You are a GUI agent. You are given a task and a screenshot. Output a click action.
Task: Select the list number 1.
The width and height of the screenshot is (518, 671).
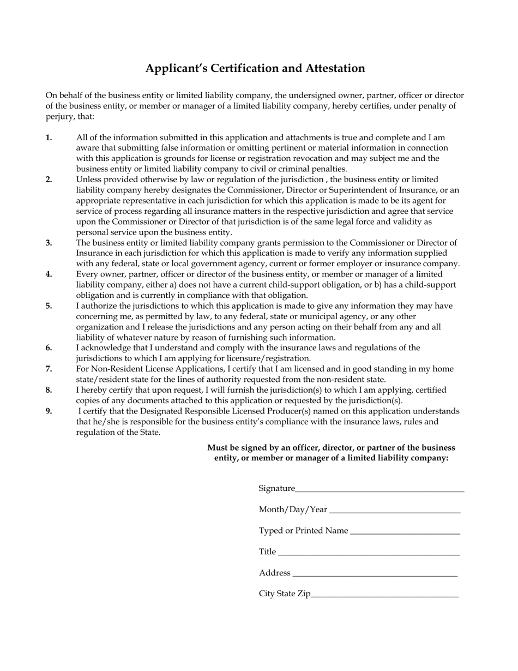(49, 137)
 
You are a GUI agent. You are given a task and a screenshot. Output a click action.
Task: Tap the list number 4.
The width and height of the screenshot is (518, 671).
(49, 274)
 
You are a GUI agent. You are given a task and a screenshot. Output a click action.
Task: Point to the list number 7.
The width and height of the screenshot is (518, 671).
(49, 369)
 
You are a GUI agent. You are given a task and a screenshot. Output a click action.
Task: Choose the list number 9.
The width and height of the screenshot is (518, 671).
(49, 411)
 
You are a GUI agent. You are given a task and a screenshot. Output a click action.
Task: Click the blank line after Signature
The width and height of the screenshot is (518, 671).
(380, 489)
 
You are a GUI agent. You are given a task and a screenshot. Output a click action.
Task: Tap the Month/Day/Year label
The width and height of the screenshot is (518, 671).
(293, 510)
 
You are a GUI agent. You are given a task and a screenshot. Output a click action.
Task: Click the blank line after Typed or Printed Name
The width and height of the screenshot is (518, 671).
(405, 531)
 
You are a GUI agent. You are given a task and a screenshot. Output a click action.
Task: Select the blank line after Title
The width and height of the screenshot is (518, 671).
(369, 553)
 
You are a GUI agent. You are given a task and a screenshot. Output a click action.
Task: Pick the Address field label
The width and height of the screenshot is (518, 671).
(275, 573)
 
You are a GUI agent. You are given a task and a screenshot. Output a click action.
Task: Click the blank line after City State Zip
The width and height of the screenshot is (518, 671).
(384, 595)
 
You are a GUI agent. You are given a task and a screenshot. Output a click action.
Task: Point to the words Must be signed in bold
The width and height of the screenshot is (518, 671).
(236, 448)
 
